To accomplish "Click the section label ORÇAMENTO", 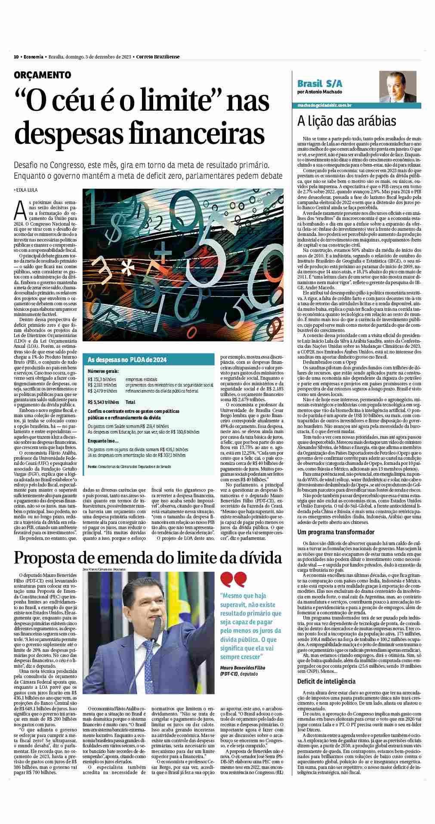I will click(x=42, y=75).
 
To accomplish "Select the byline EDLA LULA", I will click(x=27, y=189).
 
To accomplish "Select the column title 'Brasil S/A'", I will click(x=318, y=83).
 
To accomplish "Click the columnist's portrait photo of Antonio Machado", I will click(x=395, y=87).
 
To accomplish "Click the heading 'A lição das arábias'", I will click(x=346, y=121).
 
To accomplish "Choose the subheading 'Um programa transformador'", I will click(x=336, y=532).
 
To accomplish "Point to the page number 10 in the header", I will click(x=16, y=57).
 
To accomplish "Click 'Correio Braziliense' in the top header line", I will click(x=158, y=57).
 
